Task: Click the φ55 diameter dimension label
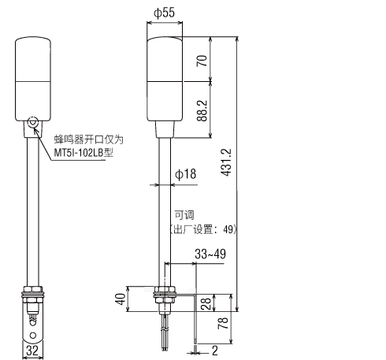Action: [x=164, y=13]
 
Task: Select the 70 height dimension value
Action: [x=202, y=61]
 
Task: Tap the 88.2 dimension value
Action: [x=202, y=111]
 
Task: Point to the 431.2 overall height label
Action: [x=226, y=162]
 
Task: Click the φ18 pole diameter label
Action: [x=185, y=174]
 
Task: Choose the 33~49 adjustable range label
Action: [x=210, y=254]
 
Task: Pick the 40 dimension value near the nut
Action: [x=121, y=299]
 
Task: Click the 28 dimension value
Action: [x=207, y=303]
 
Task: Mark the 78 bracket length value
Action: [x=223, y=323]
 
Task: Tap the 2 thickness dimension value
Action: [x=215, y=351]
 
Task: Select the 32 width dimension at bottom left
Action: [x=32, y=351]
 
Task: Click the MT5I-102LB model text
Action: [x=84, y=153]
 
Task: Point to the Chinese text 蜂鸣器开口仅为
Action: [x=89, y=139]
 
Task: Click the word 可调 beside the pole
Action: [x=184, y=215]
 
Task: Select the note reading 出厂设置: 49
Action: [x=202, y=229]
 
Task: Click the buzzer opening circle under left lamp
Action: [x=33, y=122]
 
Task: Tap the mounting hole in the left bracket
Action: [x=33, y=336]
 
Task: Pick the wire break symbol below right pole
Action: [x=165, y=329]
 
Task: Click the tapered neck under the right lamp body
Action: [x=165, y=129]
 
